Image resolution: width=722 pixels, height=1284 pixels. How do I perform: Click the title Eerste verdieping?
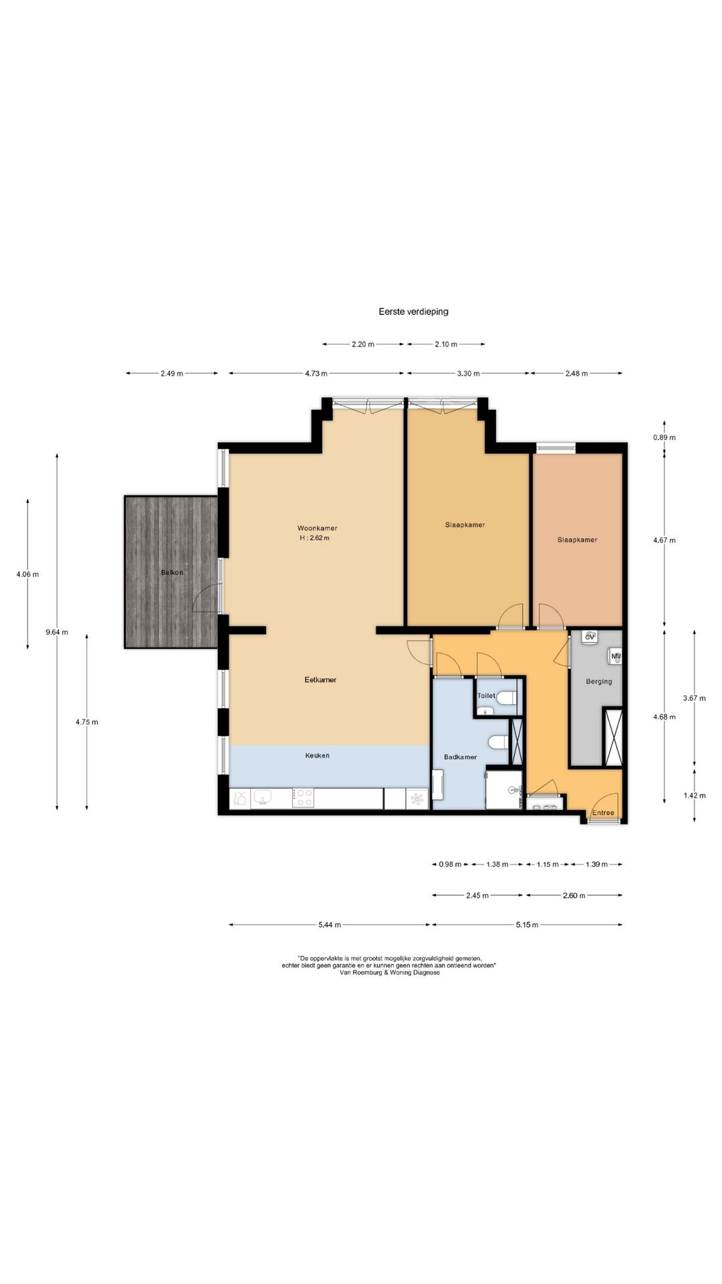[413, 311]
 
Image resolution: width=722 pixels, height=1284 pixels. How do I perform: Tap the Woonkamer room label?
[318, 528]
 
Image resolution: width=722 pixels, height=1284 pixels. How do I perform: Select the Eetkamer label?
[320, 679]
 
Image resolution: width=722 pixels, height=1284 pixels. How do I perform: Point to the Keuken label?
[318, 756]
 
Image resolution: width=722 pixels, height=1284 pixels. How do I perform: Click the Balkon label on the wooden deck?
[172, 572]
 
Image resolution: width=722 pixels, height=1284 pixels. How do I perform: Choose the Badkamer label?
[461, 757]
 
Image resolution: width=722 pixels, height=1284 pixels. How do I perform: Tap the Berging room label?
[599, 681]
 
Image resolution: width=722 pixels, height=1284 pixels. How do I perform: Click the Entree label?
[604, 813]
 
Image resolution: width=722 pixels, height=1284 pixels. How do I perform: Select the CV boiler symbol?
[590, 637]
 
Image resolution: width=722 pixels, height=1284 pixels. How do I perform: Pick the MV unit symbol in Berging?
[616, 656]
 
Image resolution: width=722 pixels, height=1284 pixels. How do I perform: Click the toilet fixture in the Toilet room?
[507, 698]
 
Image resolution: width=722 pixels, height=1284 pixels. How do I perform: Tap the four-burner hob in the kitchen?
[304, 798]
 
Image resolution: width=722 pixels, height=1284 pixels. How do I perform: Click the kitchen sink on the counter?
[262, 798]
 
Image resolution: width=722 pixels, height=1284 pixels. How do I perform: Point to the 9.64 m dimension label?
[57, 632]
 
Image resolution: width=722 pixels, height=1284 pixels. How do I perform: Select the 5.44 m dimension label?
[330, 925]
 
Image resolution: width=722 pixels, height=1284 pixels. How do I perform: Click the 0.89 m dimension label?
[665, 437]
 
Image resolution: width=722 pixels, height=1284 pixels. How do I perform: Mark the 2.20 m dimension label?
[363, 344]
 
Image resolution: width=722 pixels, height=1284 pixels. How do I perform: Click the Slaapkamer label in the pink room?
[578, 540]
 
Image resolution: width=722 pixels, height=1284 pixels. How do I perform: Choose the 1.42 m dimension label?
[695, 795]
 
